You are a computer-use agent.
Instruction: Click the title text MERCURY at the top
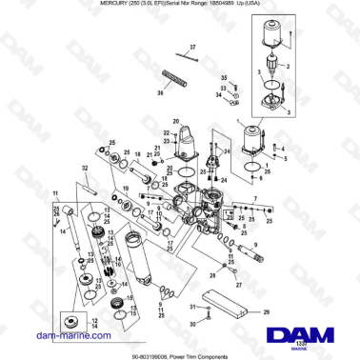tap(114, 5)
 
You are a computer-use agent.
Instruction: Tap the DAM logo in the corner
tap(303, 334)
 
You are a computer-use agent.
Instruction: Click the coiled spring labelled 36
tap(171, 77)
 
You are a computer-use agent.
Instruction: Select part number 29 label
tap(267, 311)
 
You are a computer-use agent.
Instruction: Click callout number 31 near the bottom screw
tap(193, 308)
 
